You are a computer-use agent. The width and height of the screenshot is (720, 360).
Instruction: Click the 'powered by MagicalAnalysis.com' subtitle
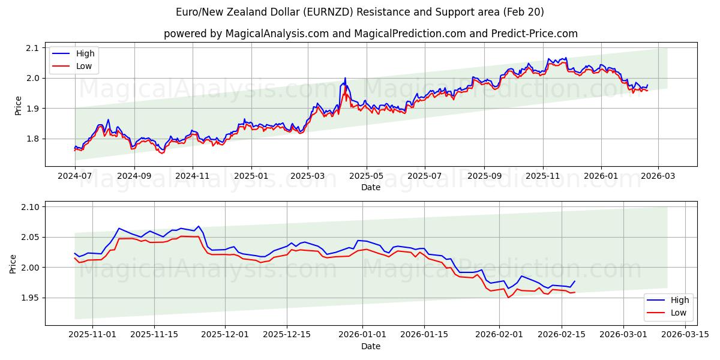370,34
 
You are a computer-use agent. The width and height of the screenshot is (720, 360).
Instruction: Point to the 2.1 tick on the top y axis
32,48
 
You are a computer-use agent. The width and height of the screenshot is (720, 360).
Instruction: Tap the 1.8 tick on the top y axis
32,139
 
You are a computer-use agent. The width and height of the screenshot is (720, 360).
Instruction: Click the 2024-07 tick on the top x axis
75,176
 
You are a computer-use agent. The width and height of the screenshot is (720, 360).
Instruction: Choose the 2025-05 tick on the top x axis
366,176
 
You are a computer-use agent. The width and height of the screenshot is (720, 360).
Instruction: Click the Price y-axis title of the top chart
18,106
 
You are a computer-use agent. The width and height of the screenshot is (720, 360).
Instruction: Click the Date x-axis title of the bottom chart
370,346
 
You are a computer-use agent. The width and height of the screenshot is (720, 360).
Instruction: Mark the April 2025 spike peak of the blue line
345,77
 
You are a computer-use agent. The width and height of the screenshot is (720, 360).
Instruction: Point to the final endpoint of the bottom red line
575,292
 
